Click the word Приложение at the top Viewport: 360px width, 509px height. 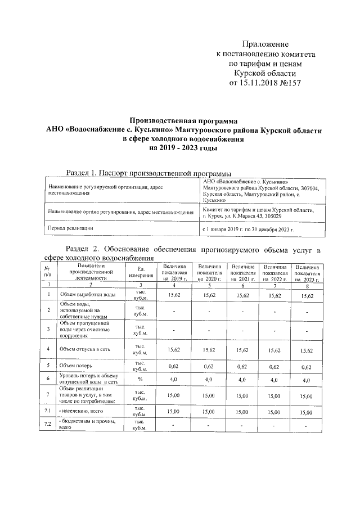[265, 44]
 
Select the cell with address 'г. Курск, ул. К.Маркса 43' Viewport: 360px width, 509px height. [250, 216]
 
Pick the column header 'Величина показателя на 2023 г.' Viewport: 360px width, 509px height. [307, 272]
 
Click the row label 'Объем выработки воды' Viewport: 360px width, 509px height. [88, 294]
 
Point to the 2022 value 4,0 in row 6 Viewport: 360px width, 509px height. [275, 380]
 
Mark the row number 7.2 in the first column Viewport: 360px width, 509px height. [48, 424]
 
